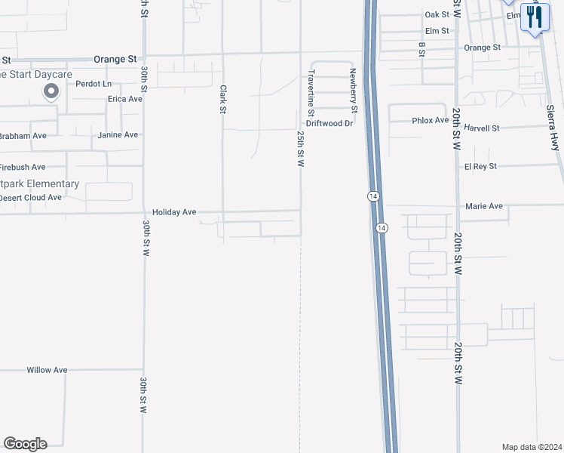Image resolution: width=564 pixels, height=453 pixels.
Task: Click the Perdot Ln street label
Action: (93, 84)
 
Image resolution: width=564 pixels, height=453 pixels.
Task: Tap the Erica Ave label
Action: (125, 99)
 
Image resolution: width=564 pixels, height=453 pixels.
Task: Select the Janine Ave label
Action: (118, 135)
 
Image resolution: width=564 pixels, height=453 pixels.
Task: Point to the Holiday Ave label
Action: (174, 213)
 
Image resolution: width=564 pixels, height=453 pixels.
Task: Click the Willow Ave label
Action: (47, 370)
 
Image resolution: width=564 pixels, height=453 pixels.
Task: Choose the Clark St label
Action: (223, 99)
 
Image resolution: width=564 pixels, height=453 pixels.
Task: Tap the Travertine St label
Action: (310, 91)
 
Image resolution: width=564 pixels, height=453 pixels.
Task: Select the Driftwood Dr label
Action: (330, 123)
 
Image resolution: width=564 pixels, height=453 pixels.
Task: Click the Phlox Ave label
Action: (431, 121)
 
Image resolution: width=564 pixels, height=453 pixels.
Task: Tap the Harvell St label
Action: (482, 128)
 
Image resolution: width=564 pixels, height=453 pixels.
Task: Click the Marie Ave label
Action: (484, 206)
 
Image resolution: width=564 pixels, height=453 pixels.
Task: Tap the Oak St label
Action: (437, 14)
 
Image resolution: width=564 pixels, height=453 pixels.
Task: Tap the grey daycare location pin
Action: (51, 92)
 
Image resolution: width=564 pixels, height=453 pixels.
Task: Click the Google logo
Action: (25, 444)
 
